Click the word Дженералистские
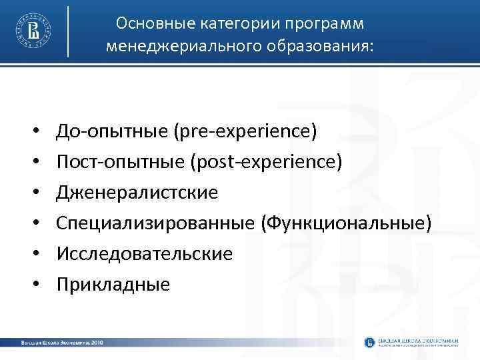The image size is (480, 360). (x=137, y=193)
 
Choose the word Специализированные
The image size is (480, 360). (x=157, y=223)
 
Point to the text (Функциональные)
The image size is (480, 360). (x=347, y=223)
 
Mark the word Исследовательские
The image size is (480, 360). (x=145, y=254)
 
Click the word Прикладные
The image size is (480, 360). (x=113, y=285)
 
